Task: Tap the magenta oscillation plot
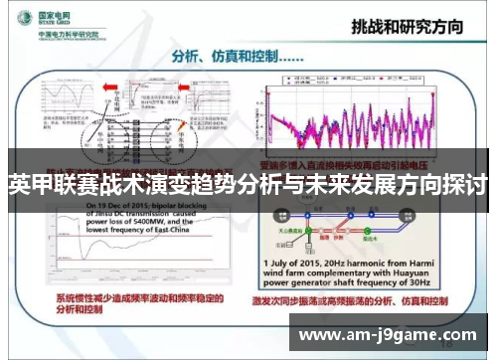[358, 119]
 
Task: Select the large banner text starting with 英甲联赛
[248, 185]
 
